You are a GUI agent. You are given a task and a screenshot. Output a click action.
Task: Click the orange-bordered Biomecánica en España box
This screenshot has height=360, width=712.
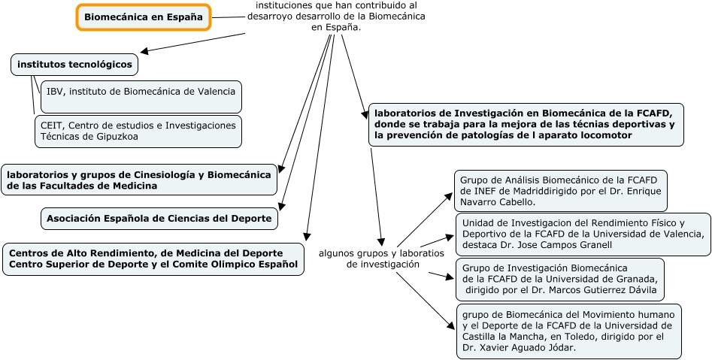(x=144, y=17)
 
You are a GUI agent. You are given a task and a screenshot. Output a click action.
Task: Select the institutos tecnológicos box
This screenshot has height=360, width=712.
(x=74, y=65)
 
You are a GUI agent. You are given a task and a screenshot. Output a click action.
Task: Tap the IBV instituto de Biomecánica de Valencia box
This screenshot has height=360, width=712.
(x=141, y=91)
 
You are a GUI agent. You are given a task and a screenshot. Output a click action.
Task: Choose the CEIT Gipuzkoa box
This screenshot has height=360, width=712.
(x=138, y=132)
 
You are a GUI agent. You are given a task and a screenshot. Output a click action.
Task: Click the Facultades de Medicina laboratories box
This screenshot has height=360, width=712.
(x=138, y=180)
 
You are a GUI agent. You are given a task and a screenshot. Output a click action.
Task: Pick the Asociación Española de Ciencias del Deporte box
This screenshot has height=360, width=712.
(x=159, y=219)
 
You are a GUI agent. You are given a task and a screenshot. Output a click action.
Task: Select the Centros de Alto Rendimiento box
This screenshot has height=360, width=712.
(x=153, y=259)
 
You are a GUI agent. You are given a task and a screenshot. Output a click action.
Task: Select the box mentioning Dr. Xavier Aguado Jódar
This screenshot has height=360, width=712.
(x=568, y=331)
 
